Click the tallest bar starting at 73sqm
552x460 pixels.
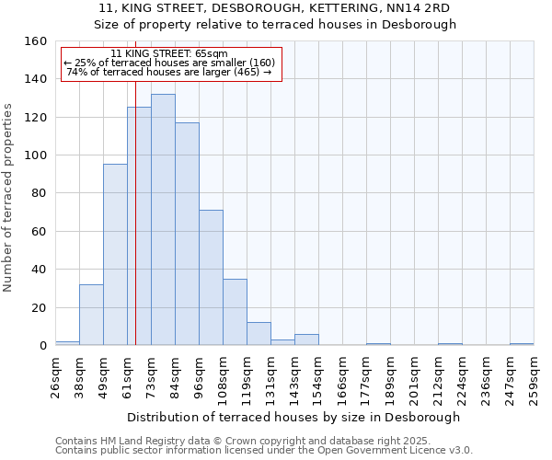tap(163, 220)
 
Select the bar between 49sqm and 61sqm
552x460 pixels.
tap(115, 255)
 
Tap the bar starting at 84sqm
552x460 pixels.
tap(187, 234)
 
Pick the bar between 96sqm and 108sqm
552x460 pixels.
tap(211, 278)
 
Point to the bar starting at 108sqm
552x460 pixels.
tap(235, 312)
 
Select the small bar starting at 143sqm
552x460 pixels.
tap(306, 339)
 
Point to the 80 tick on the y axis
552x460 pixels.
tap(40, 193)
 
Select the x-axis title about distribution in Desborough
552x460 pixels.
tap(293, 417)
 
